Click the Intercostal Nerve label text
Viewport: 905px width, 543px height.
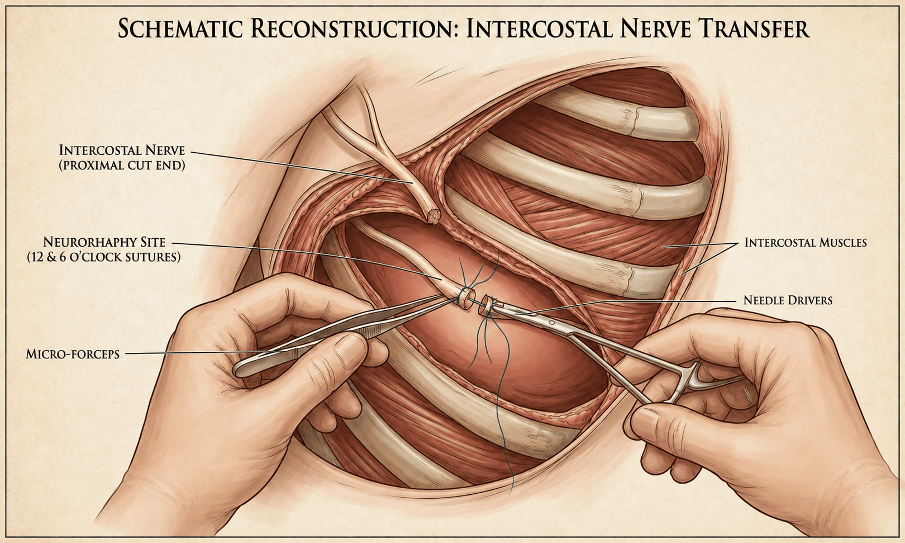click(122, 158)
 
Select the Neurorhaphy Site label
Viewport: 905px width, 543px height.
click(104, 249)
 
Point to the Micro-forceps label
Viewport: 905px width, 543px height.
click(72, 355)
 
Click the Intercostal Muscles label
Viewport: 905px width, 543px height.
click(806, 243)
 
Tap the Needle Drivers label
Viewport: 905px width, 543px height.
click(788, 300)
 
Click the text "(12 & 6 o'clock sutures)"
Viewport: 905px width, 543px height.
click(104, 257)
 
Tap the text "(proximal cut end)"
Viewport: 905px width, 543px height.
click(122, 166)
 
